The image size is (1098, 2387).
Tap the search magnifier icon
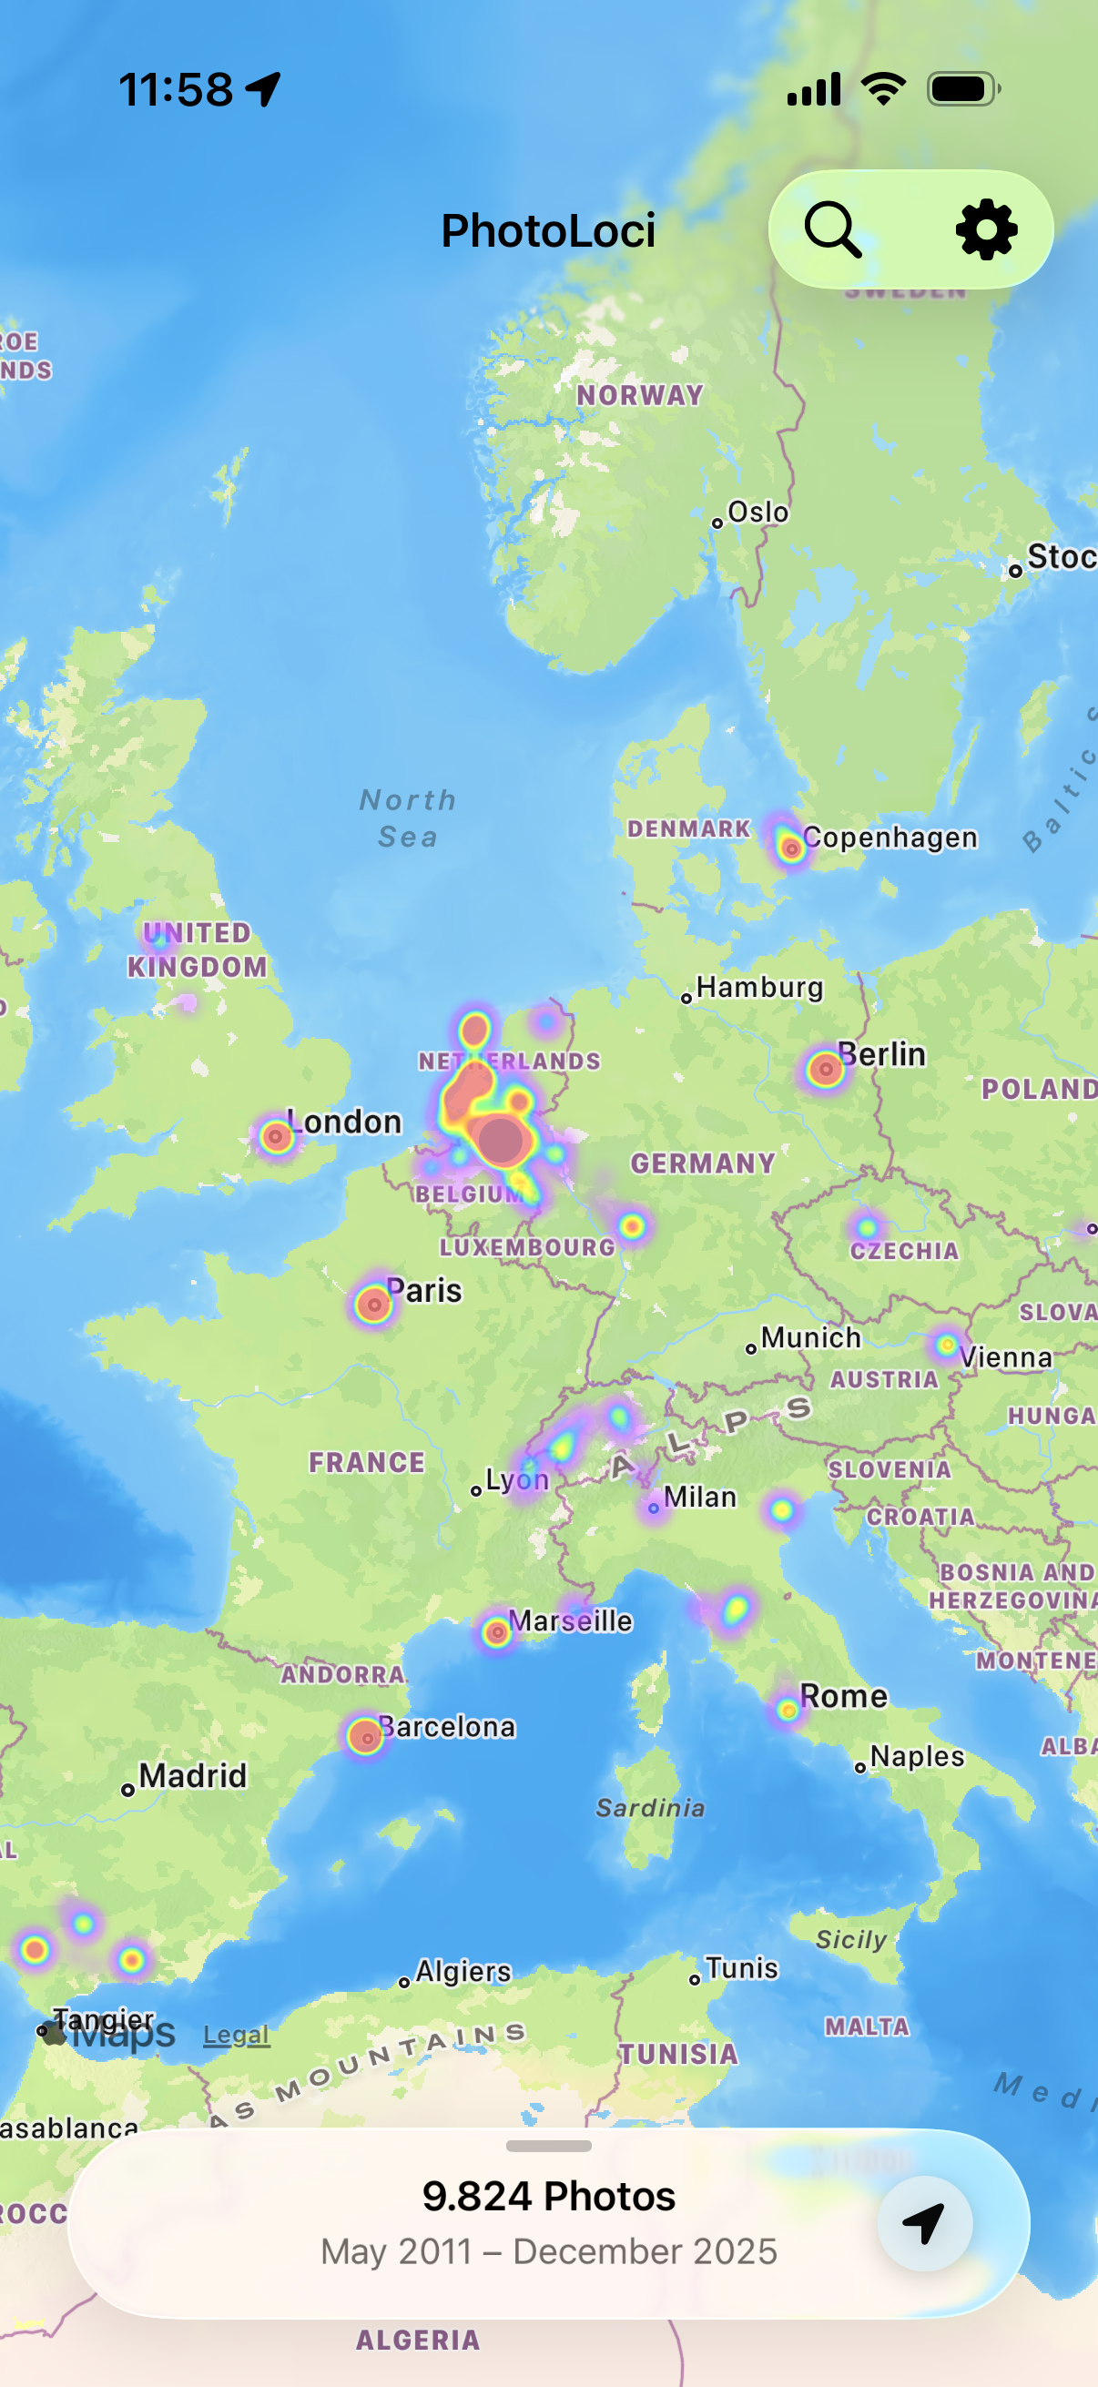832,229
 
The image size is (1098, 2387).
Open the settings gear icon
986,229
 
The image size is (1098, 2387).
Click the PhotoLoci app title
547,230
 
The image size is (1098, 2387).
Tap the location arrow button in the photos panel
924,2223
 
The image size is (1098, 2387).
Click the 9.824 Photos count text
548,2195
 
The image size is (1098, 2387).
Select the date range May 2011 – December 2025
548,2250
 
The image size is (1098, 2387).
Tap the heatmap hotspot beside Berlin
825,1070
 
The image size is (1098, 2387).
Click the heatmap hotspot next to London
276,1136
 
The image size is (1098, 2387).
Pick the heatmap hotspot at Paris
372,1305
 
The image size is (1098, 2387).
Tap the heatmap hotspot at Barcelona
366,1736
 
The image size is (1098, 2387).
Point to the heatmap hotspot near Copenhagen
790,847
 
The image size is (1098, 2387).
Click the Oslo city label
757,512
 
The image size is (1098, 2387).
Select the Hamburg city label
759,987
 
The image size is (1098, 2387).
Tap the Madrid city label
192,1775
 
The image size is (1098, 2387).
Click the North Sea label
408,818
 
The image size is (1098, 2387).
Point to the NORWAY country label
639,396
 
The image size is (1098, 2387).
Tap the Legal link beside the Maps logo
237,2035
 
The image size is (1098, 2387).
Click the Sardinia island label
649,1808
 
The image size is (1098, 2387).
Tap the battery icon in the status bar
962,89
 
